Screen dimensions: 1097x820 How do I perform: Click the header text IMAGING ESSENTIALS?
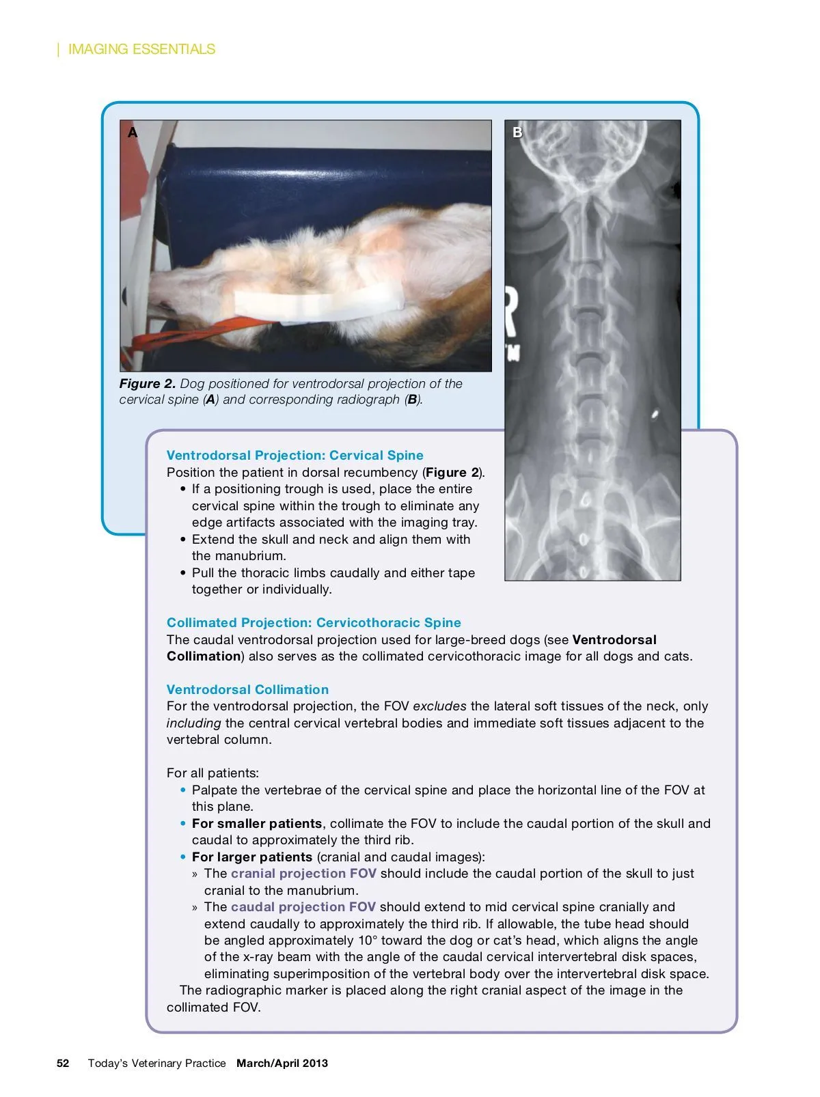[141, 49]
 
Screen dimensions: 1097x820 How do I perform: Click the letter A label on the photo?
[133, 133]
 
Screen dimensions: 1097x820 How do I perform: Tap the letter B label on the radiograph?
[517, 133]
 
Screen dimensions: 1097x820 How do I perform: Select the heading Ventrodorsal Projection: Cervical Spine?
[295, 456]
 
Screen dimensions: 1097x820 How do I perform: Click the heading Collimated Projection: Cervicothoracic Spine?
[314, 623]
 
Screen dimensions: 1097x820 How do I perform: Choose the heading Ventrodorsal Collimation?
[247, 690]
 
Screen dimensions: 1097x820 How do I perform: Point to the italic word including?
[193, 723]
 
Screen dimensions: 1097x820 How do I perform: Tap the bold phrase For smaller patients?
[257, 824]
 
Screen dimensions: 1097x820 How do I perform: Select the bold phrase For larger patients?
[252, 857]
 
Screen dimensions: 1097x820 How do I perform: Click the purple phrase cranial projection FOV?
[303, 874]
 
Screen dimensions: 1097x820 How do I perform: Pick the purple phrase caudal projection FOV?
[303, 907]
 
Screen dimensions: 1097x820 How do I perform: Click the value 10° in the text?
[368, 941]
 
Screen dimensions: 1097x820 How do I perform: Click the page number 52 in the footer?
[63, 1064]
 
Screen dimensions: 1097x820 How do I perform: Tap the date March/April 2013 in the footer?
[282, 1064]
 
